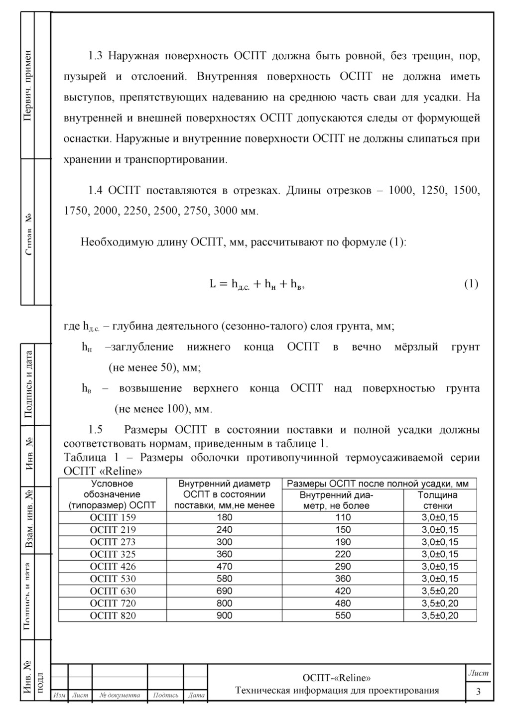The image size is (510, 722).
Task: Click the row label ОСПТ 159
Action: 113,517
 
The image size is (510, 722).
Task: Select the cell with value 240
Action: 224,530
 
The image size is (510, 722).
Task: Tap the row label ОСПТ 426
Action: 113,566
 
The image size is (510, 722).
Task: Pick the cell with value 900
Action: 224,615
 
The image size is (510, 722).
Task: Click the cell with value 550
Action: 343,615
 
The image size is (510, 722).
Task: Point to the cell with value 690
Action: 224,591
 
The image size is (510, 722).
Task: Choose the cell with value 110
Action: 343,517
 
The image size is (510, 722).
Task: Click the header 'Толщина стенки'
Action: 437,500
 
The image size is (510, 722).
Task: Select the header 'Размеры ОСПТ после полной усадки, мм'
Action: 378,483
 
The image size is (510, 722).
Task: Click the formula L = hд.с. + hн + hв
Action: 257,284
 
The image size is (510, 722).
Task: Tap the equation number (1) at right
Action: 471,284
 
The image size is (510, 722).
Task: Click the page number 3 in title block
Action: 478,692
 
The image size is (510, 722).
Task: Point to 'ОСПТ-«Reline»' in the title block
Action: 337,678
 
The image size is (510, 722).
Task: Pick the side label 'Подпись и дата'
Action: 28,384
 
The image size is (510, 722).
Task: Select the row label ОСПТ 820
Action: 113,615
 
